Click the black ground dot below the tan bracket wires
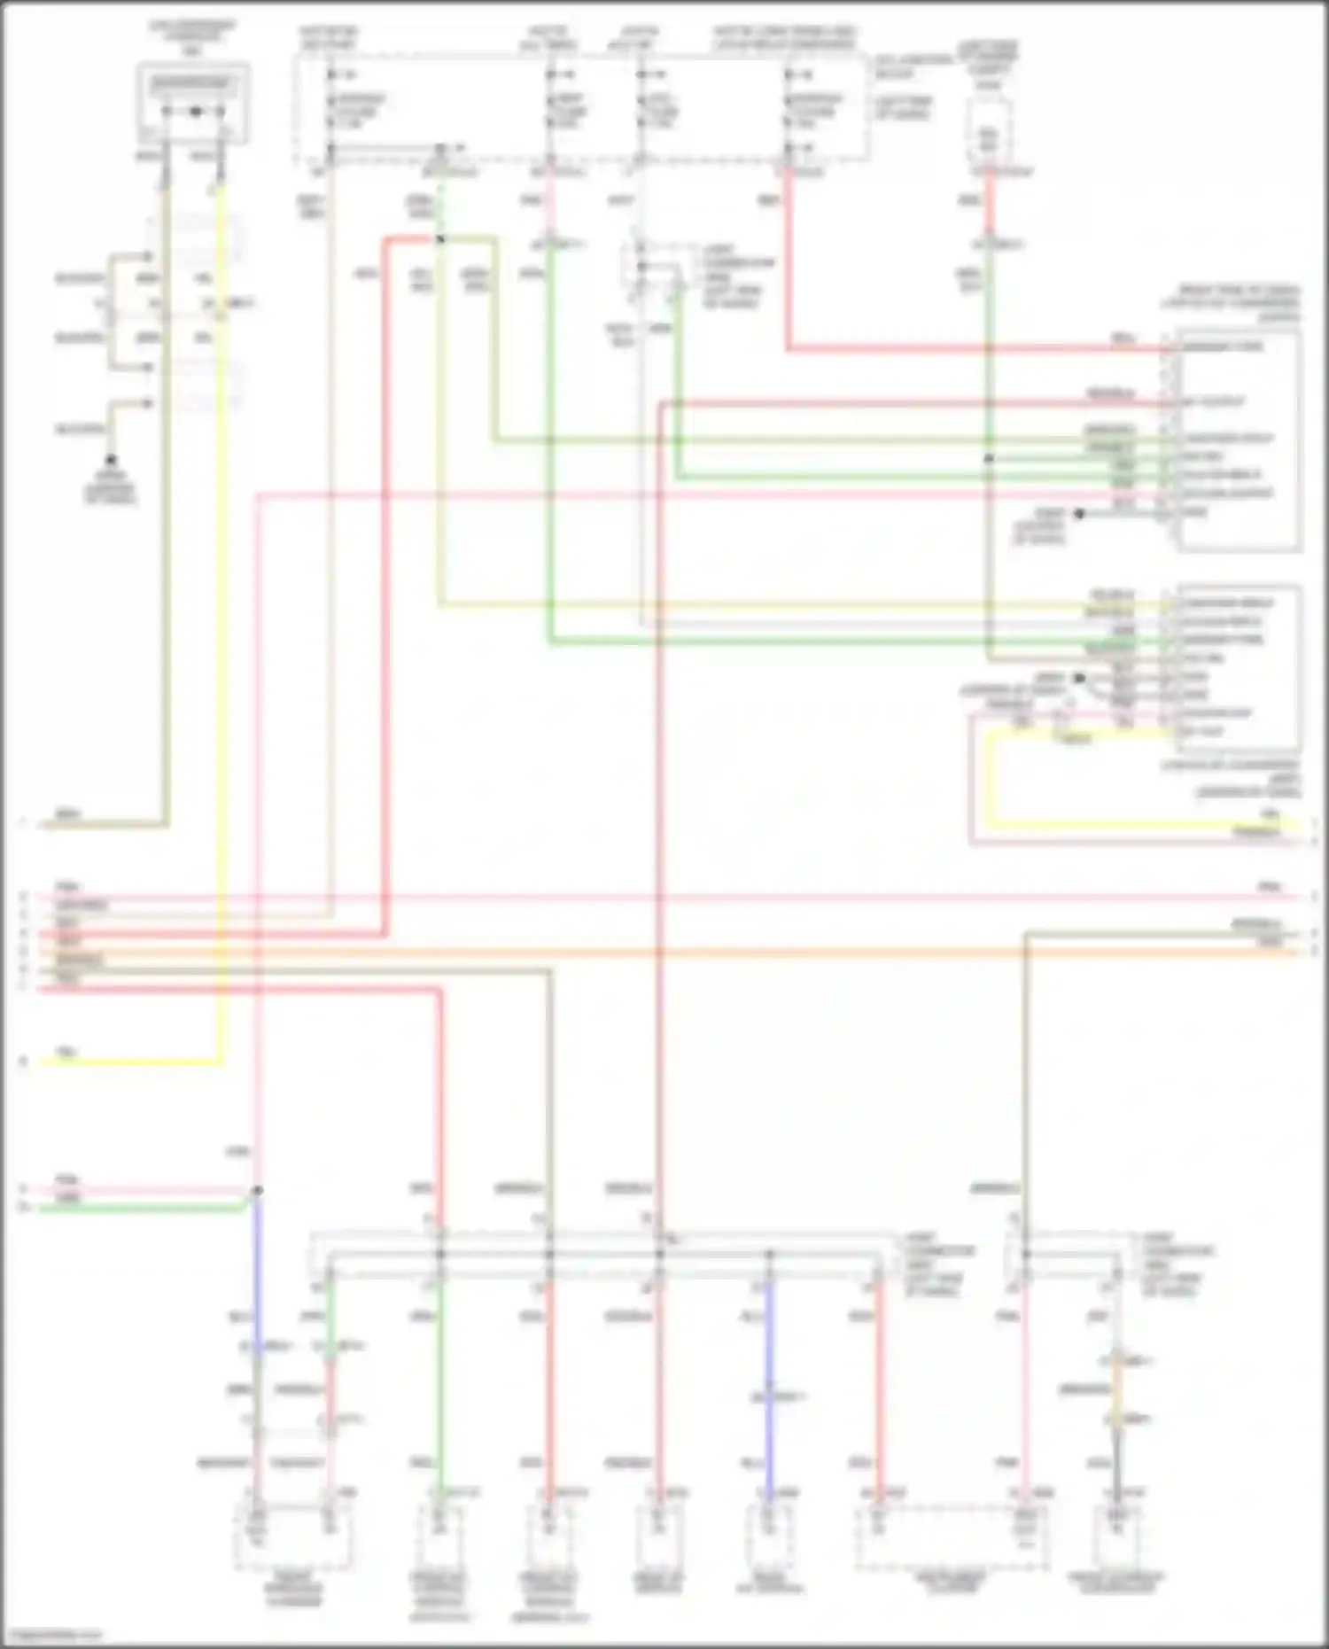[111, 461]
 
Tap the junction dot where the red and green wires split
[439, 239]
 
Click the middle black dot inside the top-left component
[195, 113]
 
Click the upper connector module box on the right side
[1238, 440]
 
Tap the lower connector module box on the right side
[1238, 666]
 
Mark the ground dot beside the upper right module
[1079, 514]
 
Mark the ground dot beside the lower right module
[1079, 679]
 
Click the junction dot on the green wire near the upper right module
[990, 459]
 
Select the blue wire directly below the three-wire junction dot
[257, 1258]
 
